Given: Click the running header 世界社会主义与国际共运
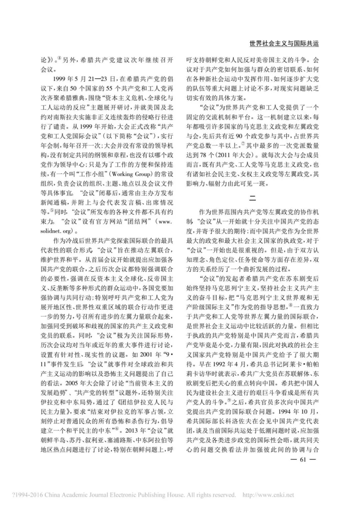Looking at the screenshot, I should point(284,44).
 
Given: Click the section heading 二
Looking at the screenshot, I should point(253,198).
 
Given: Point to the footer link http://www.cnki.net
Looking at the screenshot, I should point(268,495).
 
